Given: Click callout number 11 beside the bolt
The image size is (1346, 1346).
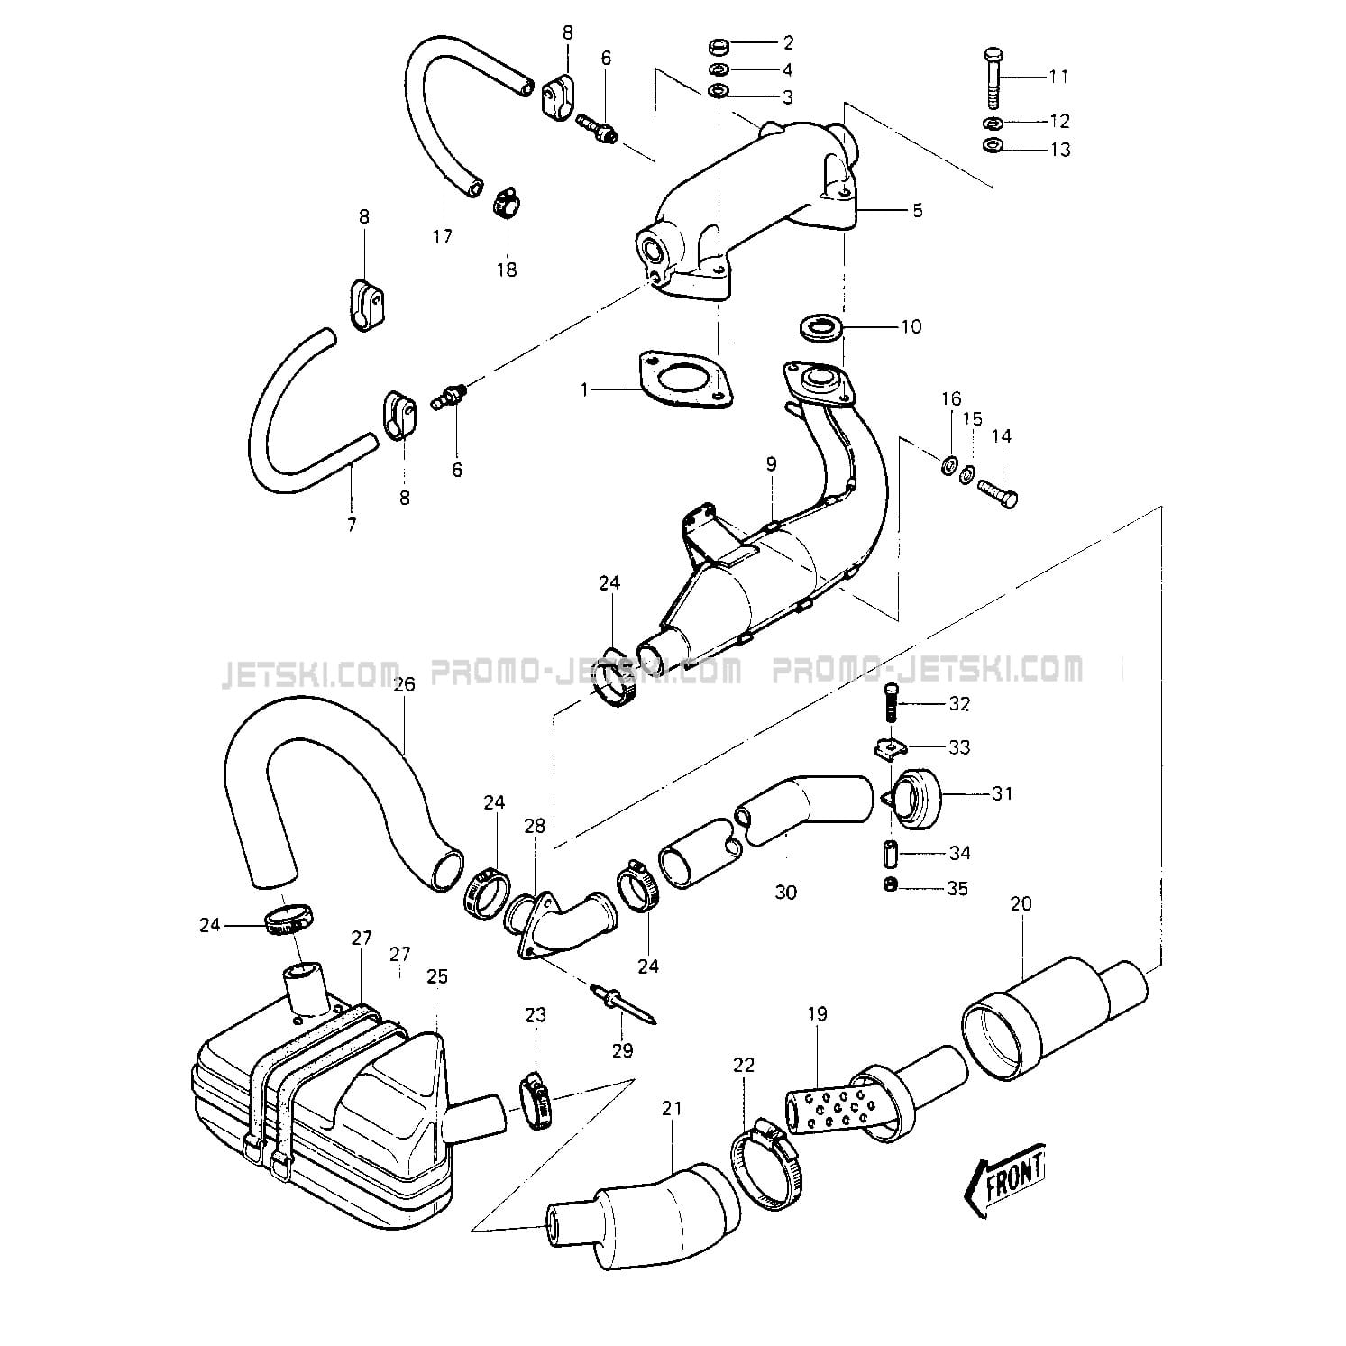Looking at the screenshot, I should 1058,77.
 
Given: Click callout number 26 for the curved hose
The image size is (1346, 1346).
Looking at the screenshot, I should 403,685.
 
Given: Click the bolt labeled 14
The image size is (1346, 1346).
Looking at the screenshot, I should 995,491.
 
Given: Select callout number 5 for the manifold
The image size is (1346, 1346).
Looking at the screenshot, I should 917,210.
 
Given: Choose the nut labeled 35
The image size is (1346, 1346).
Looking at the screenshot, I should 891,885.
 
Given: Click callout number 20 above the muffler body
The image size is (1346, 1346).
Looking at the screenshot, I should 1021,903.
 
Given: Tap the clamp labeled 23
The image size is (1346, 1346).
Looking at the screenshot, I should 535,1092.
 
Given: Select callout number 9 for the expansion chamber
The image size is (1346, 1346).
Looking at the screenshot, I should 771,464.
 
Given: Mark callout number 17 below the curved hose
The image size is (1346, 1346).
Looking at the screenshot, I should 442,237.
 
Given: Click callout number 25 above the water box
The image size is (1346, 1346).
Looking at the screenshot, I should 437,976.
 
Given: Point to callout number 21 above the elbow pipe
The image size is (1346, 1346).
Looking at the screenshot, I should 672,1109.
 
